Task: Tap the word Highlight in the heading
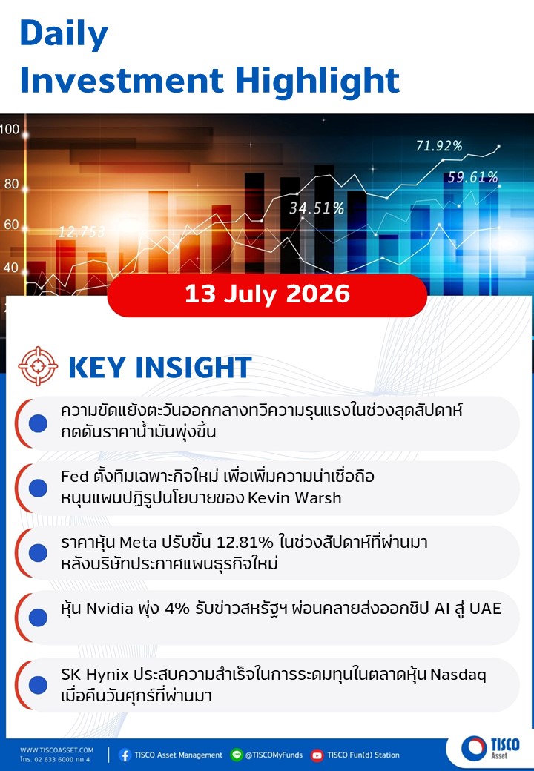[x=317, y=81]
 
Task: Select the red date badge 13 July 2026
[x=267, y=295]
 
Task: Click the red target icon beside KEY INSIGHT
[x=38, y=366]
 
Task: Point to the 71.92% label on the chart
[x=439, y=146]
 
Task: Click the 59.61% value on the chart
[x=472, y=177]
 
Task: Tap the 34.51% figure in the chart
[x=317, y=208]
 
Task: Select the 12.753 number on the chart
[x=82, y=231]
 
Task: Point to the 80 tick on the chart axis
[x=11, y=185]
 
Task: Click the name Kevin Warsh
[x=294, y=497]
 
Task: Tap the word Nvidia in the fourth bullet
[x=110, y=609]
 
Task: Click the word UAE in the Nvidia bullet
[x=485, y=609]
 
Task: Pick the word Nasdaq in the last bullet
[x=458, y=675]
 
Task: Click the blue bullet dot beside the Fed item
[x=38, y=489]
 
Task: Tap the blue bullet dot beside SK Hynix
[x=38, y=685]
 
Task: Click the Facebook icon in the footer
[x=125, y=755]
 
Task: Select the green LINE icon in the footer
[x=237, y=755]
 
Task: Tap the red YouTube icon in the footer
[x=317, y=755]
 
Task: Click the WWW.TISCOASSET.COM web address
[x=56, y=750]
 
